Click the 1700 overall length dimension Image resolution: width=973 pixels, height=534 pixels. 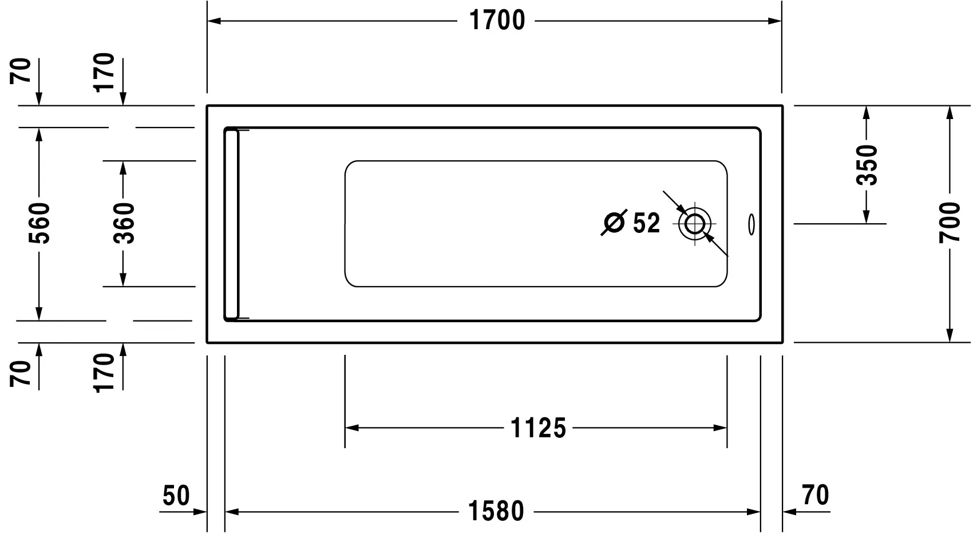coord(497,21)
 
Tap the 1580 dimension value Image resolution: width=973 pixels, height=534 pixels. coord(496,511)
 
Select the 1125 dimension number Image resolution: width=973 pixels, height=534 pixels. coord(538,428)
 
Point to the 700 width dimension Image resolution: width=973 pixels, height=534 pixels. coord(950,223)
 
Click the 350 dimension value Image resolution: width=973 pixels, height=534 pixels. coord(867,165)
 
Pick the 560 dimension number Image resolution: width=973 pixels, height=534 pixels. coord(39,223)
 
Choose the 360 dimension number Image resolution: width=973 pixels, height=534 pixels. coord(124,223)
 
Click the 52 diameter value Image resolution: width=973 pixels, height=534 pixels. coord(647,223)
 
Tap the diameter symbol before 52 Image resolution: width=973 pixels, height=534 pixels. coord(614,223)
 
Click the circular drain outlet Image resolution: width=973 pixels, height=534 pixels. coord(694,223)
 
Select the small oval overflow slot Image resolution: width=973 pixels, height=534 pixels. coord(751,224)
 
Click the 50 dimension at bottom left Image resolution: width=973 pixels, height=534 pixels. coord(176,496)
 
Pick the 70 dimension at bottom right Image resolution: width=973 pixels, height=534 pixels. coord(815,496)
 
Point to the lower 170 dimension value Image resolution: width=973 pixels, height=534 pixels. coord(105,373)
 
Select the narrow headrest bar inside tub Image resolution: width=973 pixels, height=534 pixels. coord(232,223)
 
